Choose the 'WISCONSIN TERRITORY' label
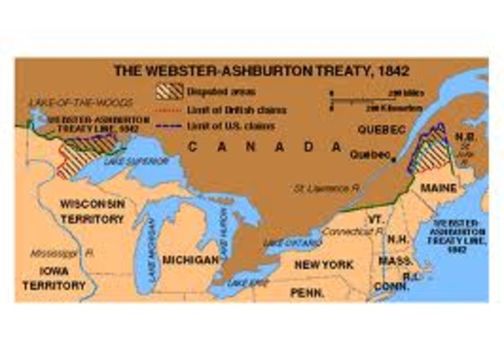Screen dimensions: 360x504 (x=92, y=210)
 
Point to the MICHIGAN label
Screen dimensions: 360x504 (x=189, y=258)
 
